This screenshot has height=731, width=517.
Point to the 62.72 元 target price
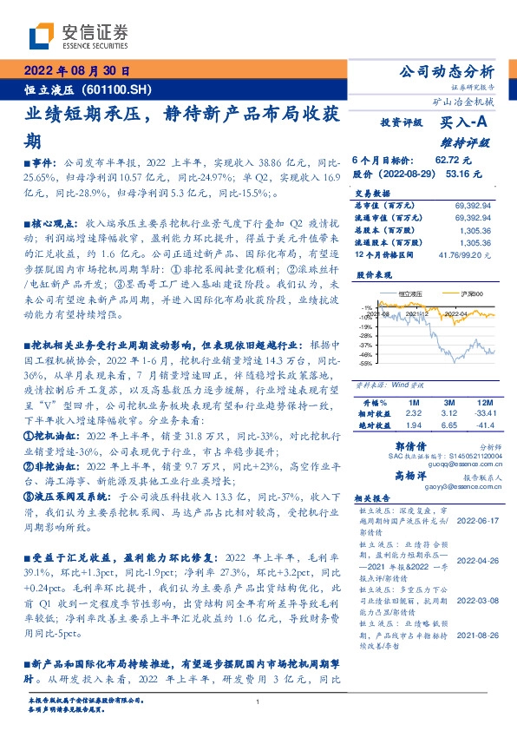tap(452, 160)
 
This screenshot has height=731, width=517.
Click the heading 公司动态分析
tap(446, 70)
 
